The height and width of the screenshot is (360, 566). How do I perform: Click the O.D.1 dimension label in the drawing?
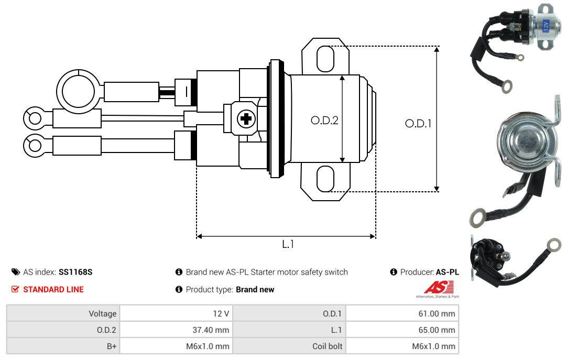point(418,124)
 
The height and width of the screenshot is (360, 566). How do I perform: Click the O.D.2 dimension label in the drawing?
point(324,120)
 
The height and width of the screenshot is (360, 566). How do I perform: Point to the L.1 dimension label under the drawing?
point(288,244)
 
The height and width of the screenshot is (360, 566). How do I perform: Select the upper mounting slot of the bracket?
point(325,58)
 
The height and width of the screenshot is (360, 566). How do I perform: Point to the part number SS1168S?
point(75,272)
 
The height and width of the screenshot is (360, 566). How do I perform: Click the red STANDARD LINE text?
point(53,289)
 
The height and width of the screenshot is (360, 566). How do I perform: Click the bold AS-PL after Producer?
point(447,272)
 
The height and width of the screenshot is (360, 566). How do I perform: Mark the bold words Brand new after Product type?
point(255,289)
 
